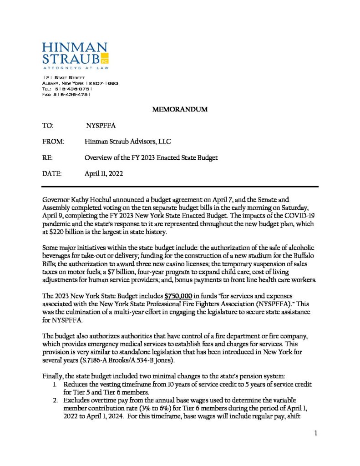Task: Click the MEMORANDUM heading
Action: point(180,109)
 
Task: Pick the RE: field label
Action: point(47,157)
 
